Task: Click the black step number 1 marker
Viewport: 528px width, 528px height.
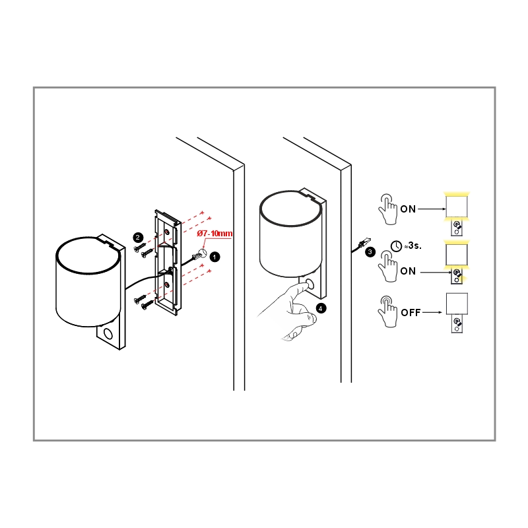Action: coord(215,257)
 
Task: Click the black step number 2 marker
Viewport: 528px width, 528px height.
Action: coord(138,238)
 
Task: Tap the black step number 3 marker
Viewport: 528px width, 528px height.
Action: coord(370,252)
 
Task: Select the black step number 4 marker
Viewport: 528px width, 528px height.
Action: coord(321,308)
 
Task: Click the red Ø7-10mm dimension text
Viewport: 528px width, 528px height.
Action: coord(215,234)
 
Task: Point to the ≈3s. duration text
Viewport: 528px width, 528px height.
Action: coord(413,246)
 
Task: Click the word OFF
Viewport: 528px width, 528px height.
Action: coord(411,313)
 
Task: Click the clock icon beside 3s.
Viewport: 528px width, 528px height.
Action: coord(397,246)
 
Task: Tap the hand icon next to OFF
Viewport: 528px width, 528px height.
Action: coord(387,312)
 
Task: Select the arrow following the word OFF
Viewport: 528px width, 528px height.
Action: coord(432,312)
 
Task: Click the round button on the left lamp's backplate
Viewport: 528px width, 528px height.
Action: coord(108,334)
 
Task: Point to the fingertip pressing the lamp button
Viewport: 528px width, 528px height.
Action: coord(306,286)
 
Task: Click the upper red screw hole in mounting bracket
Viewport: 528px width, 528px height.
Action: coord(167,232)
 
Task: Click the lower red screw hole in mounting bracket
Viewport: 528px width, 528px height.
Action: coord(167,286)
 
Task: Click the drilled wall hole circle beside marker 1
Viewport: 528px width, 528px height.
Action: coord(202,253)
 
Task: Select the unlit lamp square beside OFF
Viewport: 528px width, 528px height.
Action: coord(457,304)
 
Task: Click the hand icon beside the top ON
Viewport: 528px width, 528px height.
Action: coord(387,209)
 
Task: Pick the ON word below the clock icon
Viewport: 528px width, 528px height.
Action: coord(408,271)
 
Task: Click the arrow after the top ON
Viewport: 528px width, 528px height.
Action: coord(432,209)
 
